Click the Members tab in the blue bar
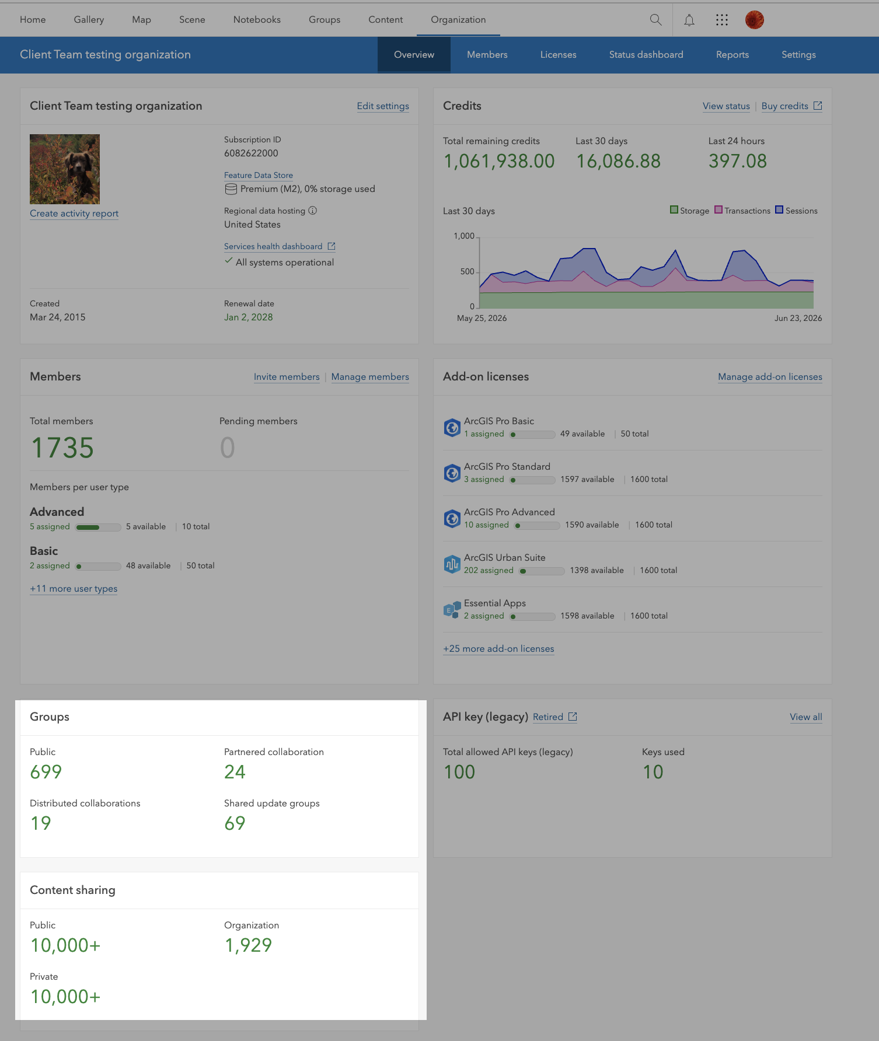click(487, 55)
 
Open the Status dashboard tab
click(646, 55)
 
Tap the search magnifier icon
click(655, 20)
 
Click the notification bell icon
click(689, 20)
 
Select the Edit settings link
click(383, 106)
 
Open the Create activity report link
click(74, 214)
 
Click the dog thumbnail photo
click(65, 169)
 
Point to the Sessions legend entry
click(796, 211)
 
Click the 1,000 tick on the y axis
click(464, 236)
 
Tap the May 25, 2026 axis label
click(482, 319)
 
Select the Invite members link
click(287, 377)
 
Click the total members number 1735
click(62, 448)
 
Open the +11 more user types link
click(74, 589)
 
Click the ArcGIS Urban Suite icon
click(452, 564)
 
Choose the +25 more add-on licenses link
click(498, 649)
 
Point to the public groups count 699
click(46, 772)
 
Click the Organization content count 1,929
click(248, 945)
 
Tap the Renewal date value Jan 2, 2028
click(249, 317)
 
